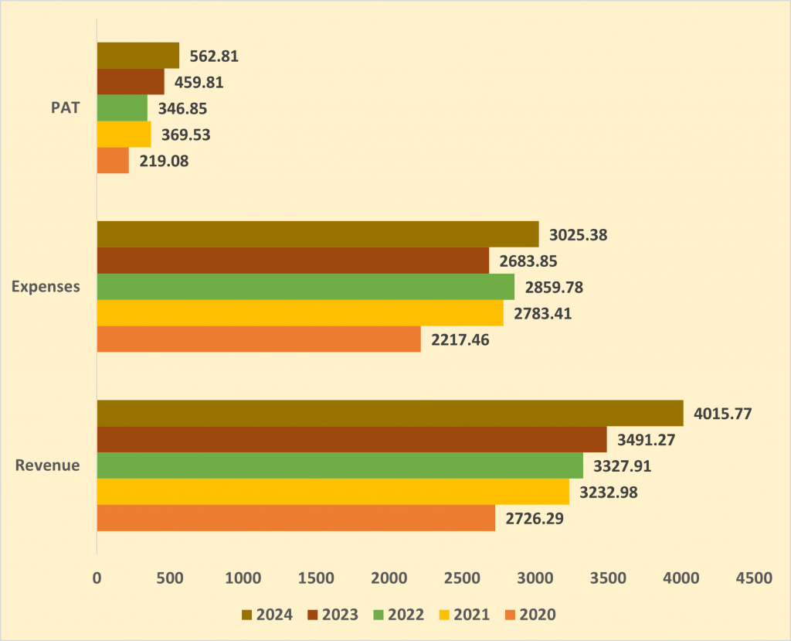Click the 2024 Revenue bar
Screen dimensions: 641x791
390,413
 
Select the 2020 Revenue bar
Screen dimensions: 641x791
296,518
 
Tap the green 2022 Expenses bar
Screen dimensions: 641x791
305,287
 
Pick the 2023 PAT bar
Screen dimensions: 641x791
131,82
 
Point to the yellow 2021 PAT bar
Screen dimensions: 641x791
124,135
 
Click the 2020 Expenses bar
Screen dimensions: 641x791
259,339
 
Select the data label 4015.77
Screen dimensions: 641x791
723,413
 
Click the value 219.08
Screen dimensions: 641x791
164,162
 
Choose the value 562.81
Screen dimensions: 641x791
215,56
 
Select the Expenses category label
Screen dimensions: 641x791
46,287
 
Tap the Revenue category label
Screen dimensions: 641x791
48,465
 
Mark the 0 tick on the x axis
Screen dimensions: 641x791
97,578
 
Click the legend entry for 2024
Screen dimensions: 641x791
266,615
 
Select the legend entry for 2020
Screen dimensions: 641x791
529,615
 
